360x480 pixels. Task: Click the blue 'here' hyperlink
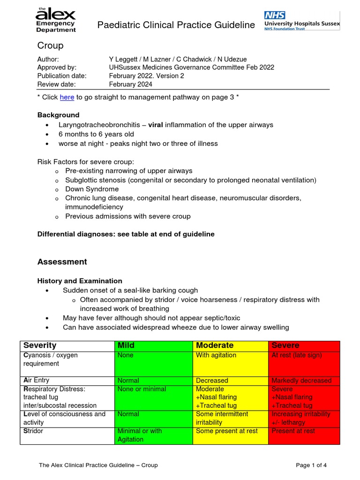[x=67, y=97]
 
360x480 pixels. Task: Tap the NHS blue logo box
[x=275, y=15]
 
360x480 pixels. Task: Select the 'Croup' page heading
[x=50, y=45]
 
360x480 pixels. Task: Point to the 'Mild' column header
[x=126, y=345]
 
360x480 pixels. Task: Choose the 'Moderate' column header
[x=214, y=345]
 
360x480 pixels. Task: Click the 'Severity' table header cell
[x=40, y=345]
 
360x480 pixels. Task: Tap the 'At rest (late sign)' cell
[x=296, y=355]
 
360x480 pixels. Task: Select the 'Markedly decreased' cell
[x=301, y=381]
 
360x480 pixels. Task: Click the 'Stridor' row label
[x=33, y=431]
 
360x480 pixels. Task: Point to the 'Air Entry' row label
[x=36, y=380]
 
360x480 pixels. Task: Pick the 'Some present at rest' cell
[x=226, y=431]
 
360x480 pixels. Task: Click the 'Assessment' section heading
[x=62, y=262]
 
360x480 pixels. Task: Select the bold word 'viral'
[x=157, y=125]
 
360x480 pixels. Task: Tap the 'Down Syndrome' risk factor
[x=92, y=189]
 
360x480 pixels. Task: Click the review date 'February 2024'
[x=130, y=84]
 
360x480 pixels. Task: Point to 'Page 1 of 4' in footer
[x=311, y=465]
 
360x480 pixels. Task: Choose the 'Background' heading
[x=58, y=115]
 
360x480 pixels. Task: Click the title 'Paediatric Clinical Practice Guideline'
[x=176, y=25]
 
